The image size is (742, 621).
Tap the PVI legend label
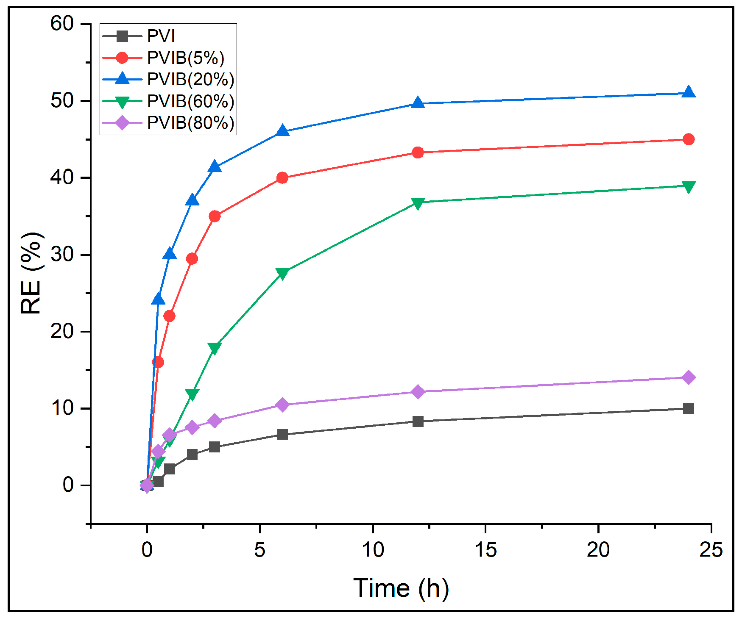[x=161, y=36]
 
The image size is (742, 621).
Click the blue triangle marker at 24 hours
[x=689, y=93]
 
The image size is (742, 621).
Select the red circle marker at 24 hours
[x=689, y=139]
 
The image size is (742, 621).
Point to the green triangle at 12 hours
[x=418, y=203]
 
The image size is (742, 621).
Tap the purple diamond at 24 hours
[x=689, y=377]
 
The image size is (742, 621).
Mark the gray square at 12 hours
[x=418, y=421]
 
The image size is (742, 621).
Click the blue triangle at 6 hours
[x=282, y=131]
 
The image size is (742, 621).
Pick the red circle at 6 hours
[x=282, y=178]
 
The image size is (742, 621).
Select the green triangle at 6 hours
[x=282, y=273]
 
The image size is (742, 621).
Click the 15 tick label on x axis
[x=485, y=550]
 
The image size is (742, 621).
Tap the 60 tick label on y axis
[x=62, y=24]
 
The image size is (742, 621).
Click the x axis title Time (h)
[x=401, y=588]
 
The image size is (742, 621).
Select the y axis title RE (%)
[x=32, y=273]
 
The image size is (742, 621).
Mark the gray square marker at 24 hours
[x=689, y=408]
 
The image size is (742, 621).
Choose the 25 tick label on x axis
[x=711, y=550]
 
